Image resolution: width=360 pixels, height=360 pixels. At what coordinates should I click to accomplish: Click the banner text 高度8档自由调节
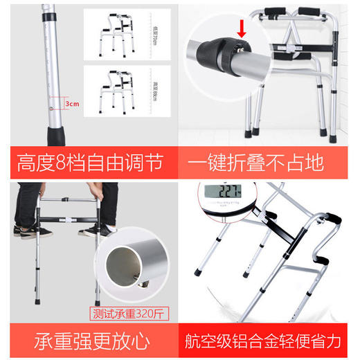click(x=91, y=164)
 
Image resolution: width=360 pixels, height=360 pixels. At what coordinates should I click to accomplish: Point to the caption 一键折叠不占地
click(x=266, y=164)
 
